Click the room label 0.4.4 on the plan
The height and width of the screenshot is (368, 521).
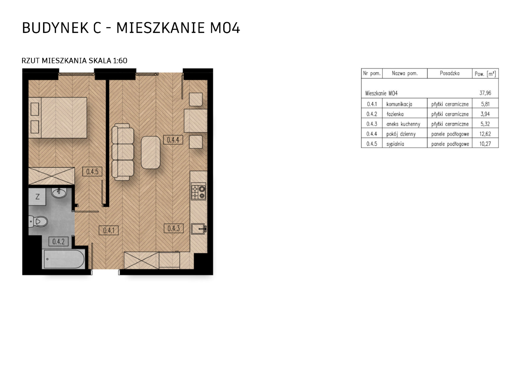173,140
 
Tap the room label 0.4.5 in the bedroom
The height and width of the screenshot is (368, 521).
92,171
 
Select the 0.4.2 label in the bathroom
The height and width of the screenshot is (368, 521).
58,242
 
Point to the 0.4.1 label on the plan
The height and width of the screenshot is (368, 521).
109,230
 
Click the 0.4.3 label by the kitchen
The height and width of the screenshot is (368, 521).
174,228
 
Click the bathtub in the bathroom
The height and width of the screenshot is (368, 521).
63,259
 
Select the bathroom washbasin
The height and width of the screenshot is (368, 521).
59,193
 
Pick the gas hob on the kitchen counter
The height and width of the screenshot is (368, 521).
198,191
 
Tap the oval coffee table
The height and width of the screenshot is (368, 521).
150,152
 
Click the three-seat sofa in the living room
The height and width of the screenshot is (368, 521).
122,152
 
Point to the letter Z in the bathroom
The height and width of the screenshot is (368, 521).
38,197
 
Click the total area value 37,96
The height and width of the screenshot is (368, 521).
485,93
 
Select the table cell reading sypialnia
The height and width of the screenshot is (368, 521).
395,144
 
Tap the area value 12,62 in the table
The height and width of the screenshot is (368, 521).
485,134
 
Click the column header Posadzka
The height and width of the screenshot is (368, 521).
450,74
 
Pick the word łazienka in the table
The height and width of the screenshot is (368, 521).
395,114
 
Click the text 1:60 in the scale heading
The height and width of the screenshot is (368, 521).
120,61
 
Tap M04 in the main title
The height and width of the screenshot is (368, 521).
225,28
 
